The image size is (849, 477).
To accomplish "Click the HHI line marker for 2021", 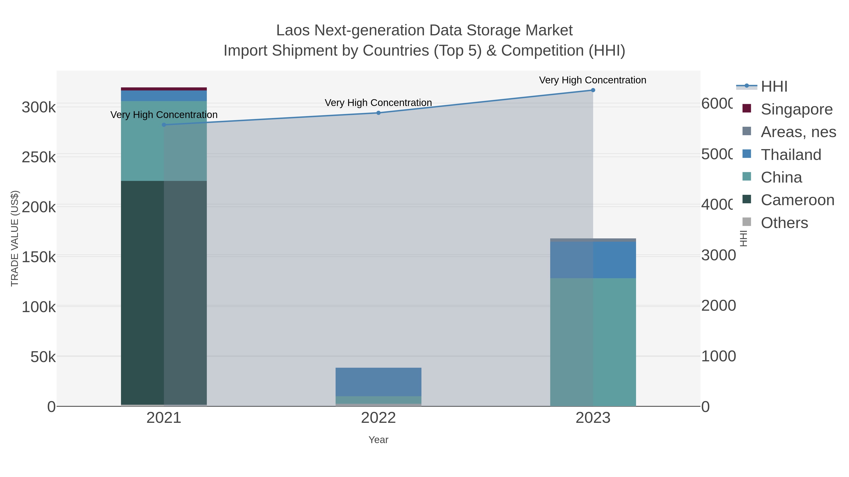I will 164,125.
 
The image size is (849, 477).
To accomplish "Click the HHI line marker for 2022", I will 378,113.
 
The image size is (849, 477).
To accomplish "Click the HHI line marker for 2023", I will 593,90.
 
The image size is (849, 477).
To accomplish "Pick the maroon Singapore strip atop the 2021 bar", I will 164,89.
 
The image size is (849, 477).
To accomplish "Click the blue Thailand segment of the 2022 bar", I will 378,382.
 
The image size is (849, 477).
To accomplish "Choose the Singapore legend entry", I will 796,109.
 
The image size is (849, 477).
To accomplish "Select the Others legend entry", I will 784,223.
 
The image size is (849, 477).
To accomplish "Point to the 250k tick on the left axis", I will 39,157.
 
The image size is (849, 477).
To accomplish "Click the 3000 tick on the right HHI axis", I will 718,255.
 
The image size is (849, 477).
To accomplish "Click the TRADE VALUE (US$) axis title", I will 15,238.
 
